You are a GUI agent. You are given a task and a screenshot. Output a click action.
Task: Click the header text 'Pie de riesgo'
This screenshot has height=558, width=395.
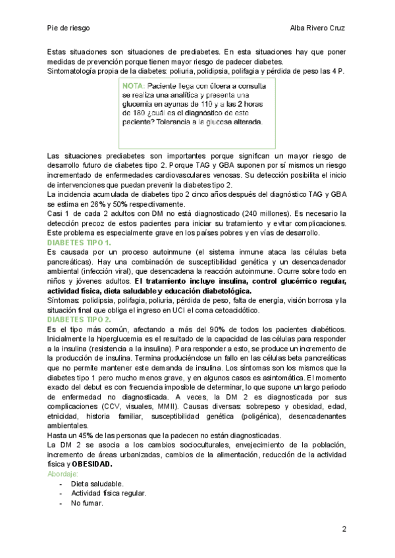(68, 28)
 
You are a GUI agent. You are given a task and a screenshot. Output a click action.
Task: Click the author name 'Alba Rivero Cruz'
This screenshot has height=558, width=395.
(318, 28)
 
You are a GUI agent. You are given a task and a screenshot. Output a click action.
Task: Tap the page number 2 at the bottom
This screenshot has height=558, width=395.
(344, 528)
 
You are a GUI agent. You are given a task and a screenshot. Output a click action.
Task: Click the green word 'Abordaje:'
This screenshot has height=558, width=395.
(63, 473)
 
